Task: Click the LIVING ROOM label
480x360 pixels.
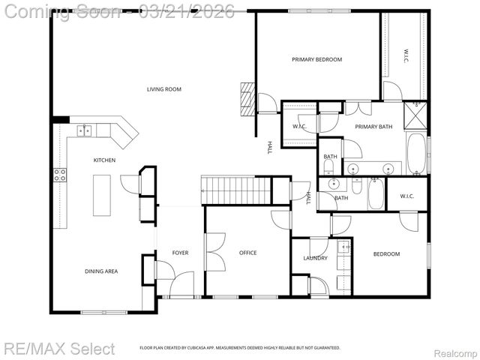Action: tap(163, 89)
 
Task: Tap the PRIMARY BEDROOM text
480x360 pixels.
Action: tap(316, 59)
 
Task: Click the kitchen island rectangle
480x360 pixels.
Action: tap(101, 195)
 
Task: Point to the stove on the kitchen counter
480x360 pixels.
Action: tap(59, 175)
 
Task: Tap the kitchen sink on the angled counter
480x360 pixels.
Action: tap(84, 130)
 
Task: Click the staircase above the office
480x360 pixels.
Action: tap(236, 190)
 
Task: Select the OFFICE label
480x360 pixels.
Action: tap(247, 253)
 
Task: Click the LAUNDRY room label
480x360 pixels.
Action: tap(315, 258)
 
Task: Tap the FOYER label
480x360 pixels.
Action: tap(180, 253)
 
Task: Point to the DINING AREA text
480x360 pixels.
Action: tap(102, 271)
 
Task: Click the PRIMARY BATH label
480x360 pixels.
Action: tap(373, 127)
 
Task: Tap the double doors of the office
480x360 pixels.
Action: tap(214, 252)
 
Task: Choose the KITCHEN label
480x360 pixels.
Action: tap(104, 160)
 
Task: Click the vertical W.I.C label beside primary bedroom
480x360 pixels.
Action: tap(405, 55)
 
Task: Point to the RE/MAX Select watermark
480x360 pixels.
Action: tap(60, 348)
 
